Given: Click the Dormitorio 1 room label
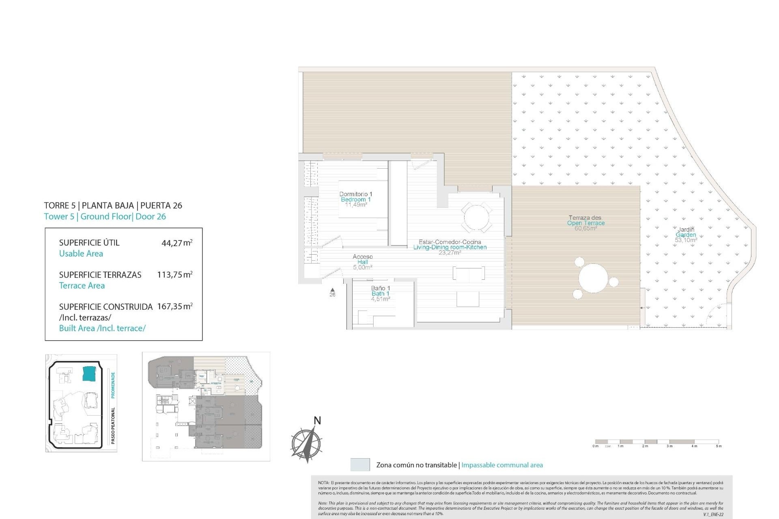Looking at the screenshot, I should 355,194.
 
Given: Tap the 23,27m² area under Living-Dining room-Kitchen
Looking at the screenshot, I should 450,253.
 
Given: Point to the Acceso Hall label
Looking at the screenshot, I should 362,257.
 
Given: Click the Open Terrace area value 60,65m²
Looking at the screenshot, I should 585,229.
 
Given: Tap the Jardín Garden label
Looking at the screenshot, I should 686,230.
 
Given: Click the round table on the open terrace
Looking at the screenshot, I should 593,279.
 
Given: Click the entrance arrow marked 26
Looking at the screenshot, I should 332,290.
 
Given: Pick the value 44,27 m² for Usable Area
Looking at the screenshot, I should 177,243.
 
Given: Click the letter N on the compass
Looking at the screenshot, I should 317,421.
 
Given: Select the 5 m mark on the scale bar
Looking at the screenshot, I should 719,446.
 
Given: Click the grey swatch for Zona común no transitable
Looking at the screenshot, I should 360,465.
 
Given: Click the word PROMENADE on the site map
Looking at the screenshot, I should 113,384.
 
